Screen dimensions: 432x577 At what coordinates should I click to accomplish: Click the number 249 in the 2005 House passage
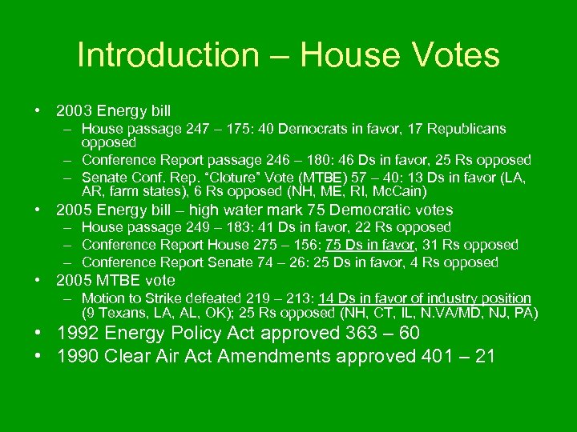[198, 228]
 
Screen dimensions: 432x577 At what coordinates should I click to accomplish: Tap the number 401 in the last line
[443, 356]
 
